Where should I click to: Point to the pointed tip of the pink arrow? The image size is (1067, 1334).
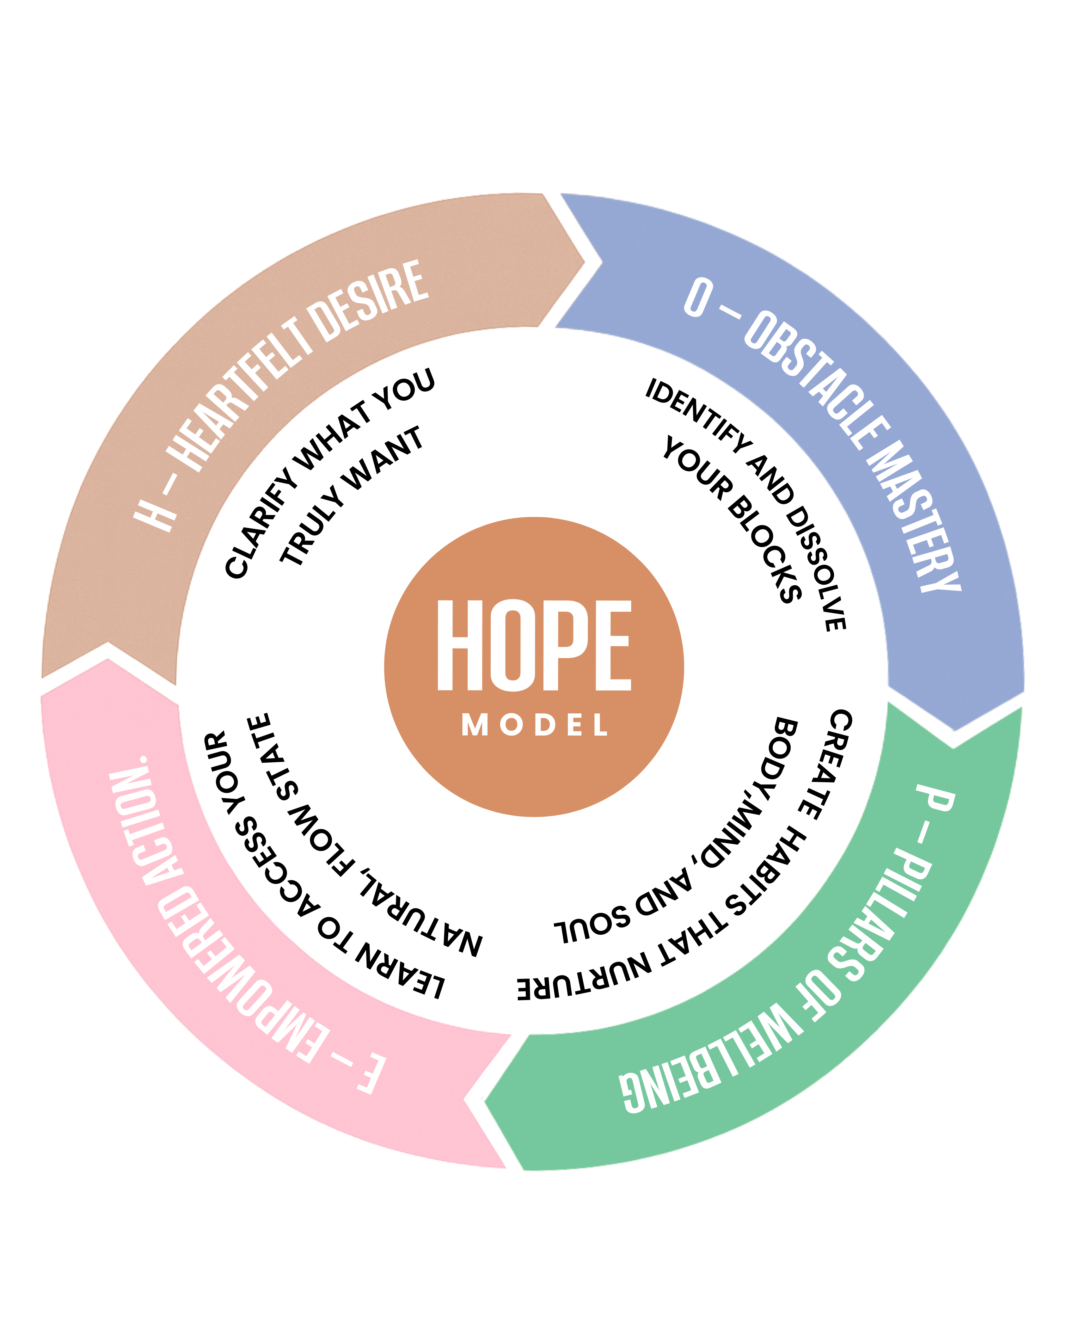pyautogui.click(x=108, y=659)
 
